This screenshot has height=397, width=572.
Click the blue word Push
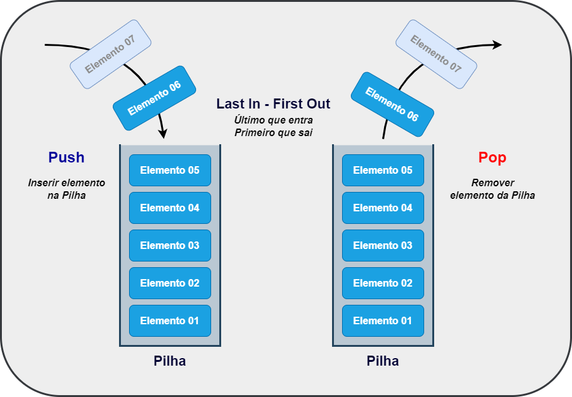point(66,157)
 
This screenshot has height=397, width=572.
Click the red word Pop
point(492,157)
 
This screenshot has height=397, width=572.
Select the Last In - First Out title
point(273,103)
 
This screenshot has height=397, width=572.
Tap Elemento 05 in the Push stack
point(170,170)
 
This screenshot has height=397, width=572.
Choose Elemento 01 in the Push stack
point(170,320)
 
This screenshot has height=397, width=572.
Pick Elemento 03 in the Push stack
point(170,245)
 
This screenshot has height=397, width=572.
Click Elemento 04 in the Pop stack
point(383,208)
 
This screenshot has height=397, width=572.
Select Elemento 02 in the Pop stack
point(383,283)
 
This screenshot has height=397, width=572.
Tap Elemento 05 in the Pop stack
point(383,170)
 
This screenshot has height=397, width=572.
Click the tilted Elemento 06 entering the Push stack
point(154,98)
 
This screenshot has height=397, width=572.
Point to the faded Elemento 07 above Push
point(110,54)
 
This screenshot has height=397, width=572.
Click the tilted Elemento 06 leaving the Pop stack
point(392,104)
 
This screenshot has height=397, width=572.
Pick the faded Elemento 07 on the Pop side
point(436,54)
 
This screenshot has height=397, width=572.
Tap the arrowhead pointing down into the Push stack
point(163,134)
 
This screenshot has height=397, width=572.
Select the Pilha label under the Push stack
point(170,361)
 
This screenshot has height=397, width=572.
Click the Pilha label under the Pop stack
point(383,361)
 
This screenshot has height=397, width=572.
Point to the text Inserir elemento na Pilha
point(66,189)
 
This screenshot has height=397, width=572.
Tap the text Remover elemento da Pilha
point(492,189)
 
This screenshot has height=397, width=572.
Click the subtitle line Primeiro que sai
point(273,132)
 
